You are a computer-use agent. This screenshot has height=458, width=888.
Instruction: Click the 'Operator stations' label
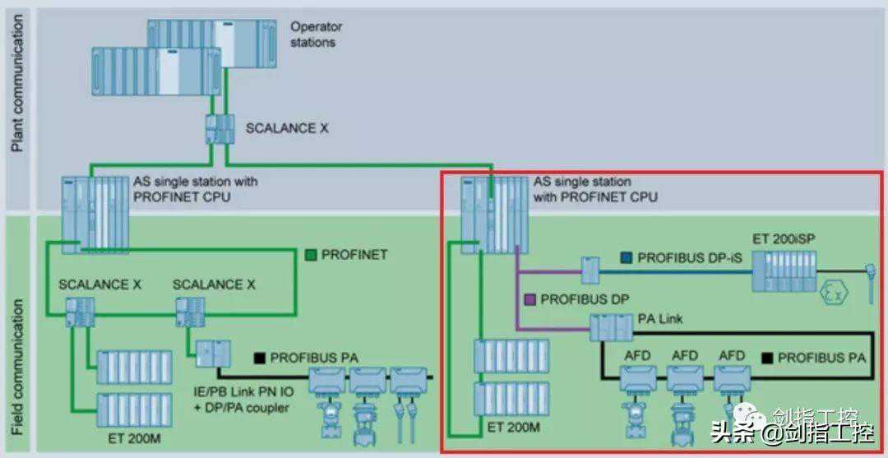(x=316, y=34)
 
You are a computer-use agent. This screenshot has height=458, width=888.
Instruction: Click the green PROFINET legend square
(x=312, y=254)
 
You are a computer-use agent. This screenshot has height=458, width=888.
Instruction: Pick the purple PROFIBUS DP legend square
(x=530, y=299)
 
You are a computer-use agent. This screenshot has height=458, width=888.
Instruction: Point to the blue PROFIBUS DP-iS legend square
(x=627, y=257)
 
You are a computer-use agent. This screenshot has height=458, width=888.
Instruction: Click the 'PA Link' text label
(x=660, y=318)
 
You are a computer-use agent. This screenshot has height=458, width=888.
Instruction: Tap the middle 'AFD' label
(x=685, y=355)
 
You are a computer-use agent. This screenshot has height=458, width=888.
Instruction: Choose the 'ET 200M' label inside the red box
(x=513, y=428)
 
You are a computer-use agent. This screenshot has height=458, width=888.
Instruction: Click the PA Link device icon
(x=611, y=328)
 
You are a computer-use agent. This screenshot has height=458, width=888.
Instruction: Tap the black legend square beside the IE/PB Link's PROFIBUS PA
(x=259, y=358)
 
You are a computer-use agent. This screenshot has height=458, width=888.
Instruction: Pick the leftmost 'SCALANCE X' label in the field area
(x=99, y=285)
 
